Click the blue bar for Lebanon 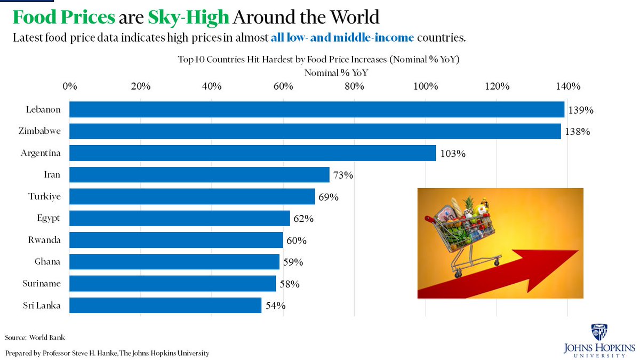(x=317, y=109)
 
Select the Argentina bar (x=252, y=153)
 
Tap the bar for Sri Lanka (x=165, y=305)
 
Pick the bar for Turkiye (x=192, y=196)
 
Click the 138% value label (x=578, y=132)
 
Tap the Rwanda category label (x=44, y=240)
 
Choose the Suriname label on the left (x=42, y=284)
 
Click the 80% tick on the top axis (x=354, y=87)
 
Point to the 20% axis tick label (x=140, y=87)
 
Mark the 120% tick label (x=497, y=87)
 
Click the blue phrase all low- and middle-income (x=338, y=38)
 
